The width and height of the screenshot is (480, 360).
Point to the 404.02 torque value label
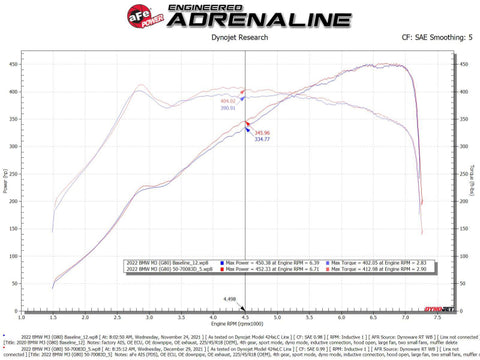229,101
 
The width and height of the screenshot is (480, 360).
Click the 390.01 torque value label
229,108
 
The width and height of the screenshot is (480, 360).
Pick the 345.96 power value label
263,132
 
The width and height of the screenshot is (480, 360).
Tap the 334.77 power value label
263,139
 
